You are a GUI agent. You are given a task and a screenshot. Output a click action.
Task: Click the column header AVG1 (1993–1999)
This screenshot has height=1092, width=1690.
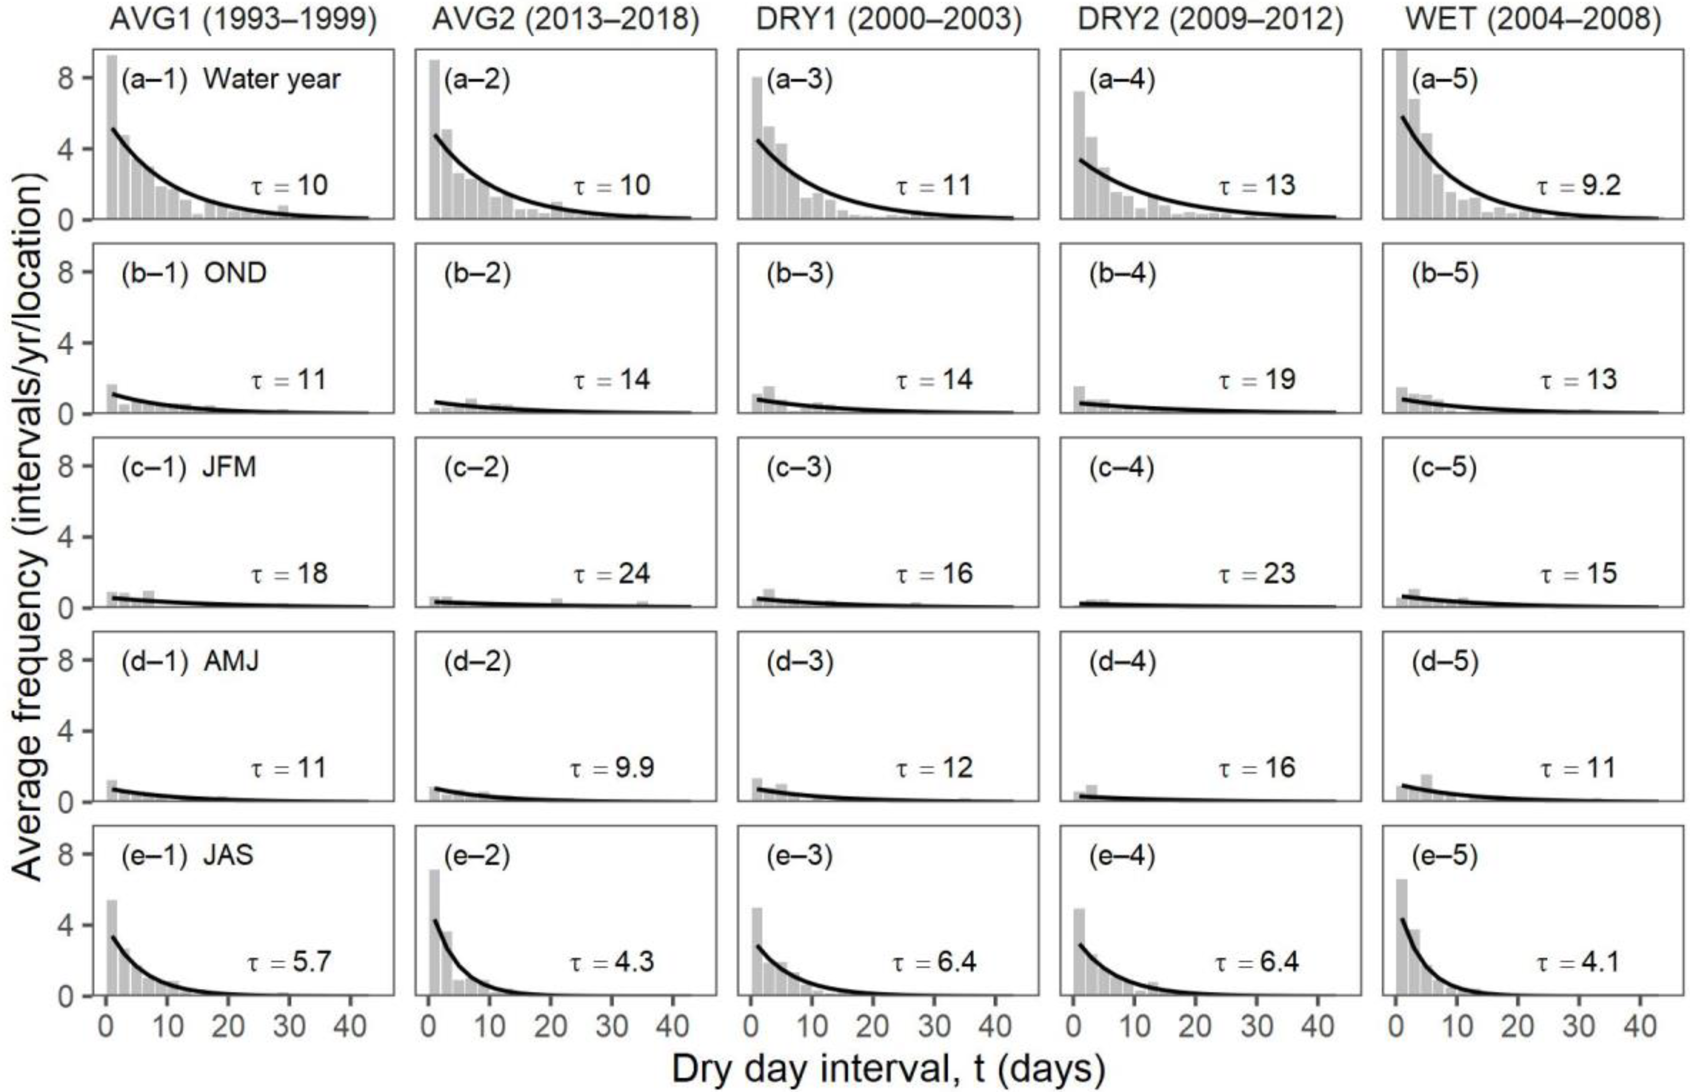coord(243,19)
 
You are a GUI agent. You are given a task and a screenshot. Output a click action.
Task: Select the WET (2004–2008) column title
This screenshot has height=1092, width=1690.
coord(1533,19)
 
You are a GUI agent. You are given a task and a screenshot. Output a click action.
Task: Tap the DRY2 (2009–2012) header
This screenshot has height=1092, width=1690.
coord(1210,19)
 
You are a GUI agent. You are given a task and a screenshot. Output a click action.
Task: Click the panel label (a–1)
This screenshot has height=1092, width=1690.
coord(154,78)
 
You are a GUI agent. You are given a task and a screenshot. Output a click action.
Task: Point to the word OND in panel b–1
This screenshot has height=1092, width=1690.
coord(235,273)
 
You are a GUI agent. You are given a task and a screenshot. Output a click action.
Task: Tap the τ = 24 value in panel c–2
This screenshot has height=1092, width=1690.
coord(612,574)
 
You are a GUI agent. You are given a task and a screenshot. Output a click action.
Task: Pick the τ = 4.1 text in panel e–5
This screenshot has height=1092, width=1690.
coord(1578,962)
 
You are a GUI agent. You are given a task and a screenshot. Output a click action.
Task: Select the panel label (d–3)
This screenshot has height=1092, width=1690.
coord(799,661)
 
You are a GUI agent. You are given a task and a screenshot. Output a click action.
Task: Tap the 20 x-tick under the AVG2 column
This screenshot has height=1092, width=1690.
coord(550,1025)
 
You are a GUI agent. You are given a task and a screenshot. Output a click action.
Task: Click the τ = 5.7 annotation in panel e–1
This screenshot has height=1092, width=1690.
coord(289,962)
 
